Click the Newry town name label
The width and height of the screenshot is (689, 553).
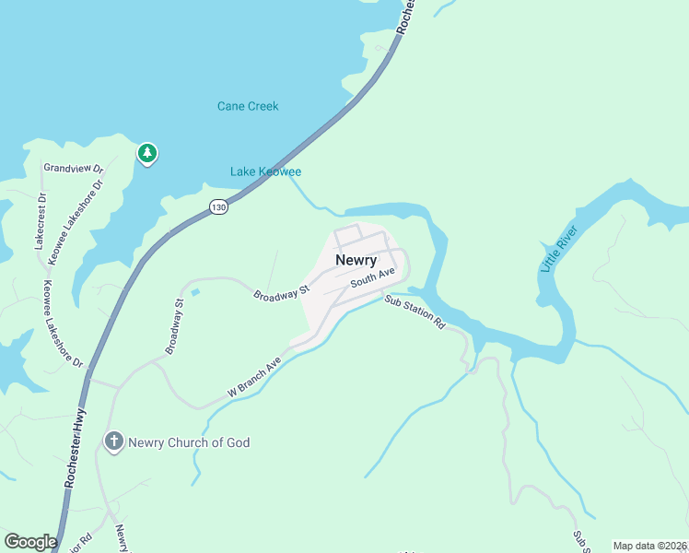(356, 260)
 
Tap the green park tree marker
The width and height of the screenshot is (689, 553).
(147, 154)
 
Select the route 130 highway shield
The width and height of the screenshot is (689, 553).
(217, 207)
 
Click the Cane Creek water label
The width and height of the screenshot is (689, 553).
(248, 106)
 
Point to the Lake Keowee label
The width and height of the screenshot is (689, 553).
(265, 171)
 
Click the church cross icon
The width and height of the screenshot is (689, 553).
(114, 442)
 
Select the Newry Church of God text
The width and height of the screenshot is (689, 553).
(189, 442)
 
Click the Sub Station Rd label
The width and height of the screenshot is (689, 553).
(415, 312)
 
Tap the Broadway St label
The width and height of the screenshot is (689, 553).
(281, 293)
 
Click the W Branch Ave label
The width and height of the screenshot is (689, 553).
(254, 378)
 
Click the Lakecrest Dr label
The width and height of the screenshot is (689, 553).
(40, 221)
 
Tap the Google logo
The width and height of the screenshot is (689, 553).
(30, 542)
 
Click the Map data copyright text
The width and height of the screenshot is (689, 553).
(649, 546)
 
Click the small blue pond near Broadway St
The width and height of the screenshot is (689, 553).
(194, 293)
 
